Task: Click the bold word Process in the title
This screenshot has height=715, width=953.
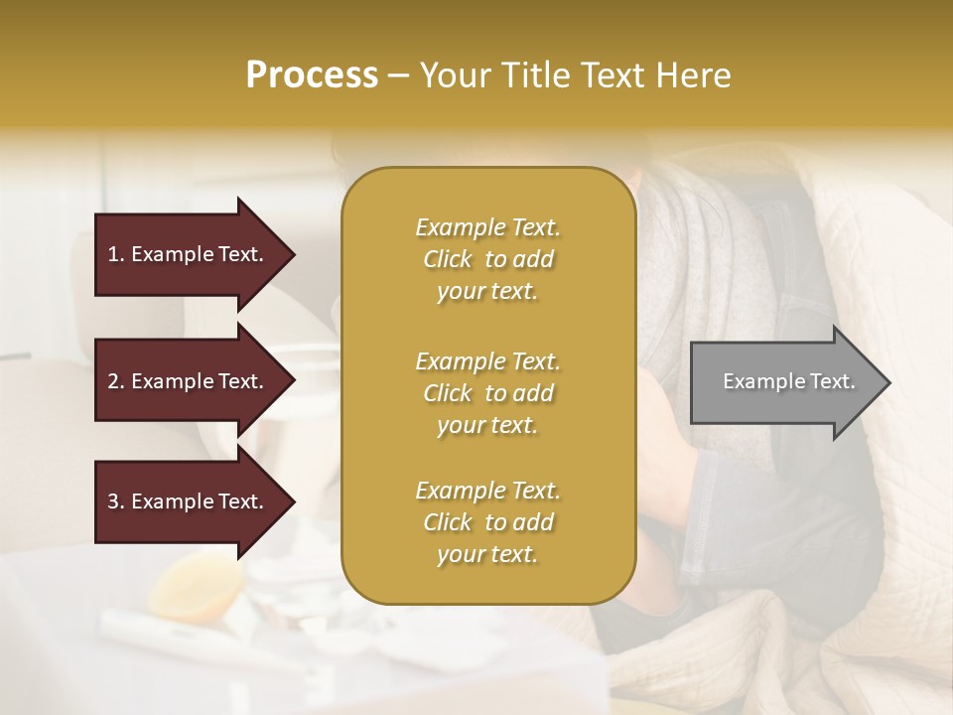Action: coord(312,75)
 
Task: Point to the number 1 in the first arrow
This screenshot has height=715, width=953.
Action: coord(113,254)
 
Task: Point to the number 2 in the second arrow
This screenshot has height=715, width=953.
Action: coord(113,381)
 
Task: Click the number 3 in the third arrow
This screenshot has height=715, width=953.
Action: coord(113,501)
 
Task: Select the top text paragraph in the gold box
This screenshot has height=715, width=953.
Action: coord(487,259)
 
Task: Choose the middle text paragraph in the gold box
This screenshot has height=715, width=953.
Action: coord(487,393)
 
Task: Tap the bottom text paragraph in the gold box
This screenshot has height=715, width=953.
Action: coord(487,522)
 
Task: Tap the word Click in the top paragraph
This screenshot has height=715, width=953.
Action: coord(448,259)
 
